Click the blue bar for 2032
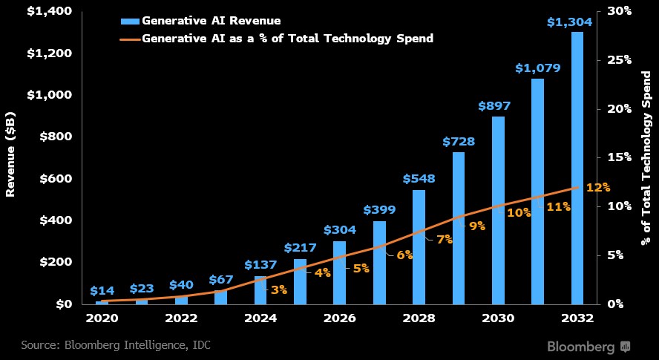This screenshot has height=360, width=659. point(577,168)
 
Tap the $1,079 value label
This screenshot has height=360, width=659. point(537,68)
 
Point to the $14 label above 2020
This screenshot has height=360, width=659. point(102,291)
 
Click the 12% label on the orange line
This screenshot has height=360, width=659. point(597,187)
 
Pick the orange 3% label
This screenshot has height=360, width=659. point(278,289)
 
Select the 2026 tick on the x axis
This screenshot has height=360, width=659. point(339,318)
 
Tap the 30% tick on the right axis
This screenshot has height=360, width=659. point(618,11)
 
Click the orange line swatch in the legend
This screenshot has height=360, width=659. point(130,37)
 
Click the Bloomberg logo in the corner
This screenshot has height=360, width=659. point(588,347)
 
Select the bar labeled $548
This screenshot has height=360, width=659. point(419,246)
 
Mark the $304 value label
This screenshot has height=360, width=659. point(339,230)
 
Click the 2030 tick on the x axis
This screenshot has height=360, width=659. point(498,318)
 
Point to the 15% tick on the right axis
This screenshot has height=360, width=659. point(618,157)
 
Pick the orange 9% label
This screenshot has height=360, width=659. point(476,226)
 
